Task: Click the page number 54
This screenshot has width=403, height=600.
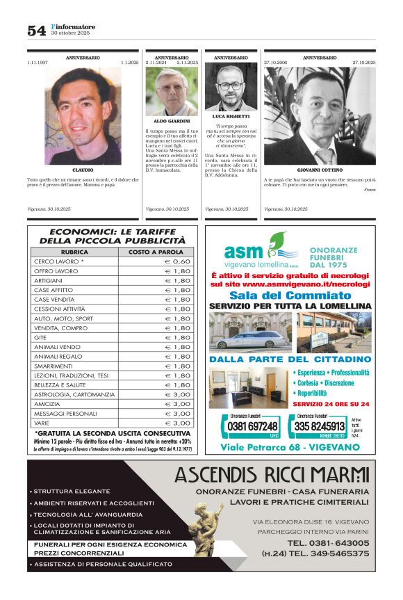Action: (36, 30)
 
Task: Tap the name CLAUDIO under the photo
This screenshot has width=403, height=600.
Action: (83, 170)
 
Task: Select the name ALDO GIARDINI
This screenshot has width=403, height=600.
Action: (172, 121)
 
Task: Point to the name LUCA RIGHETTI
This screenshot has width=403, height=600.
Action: (231, 116)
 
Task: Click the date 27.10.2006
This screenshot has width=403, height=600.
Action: (276, 63)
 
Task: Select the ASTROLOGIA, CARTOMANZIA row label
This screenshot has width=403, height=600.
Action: (74, 394)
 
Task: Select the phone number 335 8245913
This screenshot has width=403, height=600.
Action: (319, 426)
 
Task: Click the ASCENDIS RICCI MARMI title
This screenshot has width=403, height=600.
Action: (272, 476)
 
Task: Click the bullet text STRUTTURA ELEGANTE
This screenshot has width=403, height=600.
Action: (72, 492)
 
